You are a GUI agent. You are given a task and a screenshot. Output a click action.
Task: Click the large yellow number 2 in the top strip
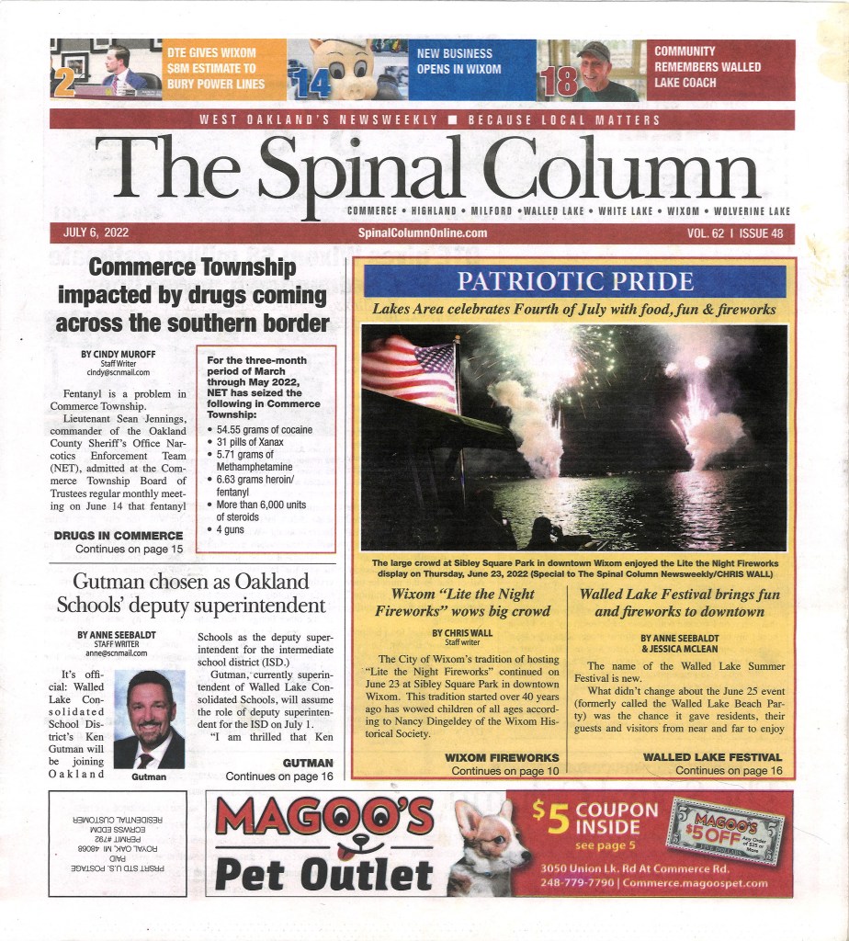pos(64,84)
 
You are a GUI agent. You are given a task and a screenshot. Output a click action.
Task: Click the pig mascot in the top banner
pos(345,69)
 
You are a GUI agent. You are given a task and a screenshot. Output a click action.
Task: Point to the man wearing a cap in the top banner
pos(596,71)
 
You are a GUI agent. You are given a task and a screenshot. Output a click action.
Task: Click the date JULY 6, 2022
pos(96,233)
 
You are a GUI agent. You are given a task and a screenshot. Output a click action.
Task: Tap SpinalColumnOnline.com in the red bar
pos(423,233)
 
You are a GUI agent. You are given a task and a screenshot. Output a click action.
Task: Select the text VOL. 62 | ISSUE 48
pos(735,233)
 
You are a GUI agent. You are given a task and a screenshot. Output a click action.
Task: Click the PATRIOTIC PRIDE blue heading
pos(575,281)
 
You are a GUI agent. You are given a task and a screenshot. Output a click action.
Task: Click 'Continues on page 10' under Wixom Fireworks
pos(504,770)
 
